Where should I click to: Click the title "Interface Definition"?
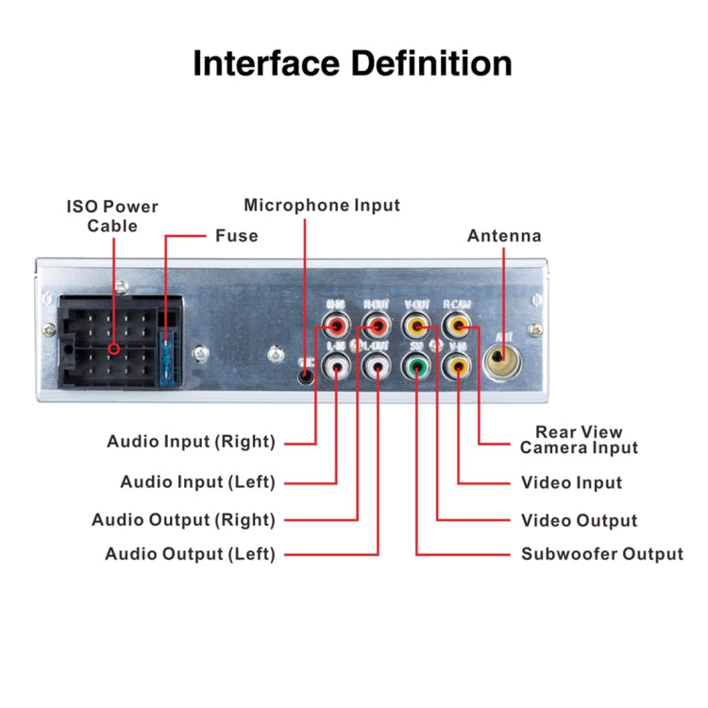click(x=353, y=63)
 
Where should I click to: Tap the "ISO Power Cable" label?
click(x=112, y=216)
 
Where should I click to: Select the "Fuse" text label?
click(x=236, y=235)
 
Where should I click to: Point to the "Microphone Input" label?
click(x=322, y=205)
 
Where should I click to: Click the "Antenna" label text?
click(x=504, y=236)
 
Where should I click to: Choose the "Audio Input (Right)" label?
click(x=191, y=441)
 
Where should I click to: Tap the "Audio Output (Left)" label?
click(x=190, y=554)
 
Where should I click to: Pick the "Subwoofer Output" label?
click(x=601, y=554)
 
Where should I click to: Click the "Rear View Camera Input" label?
click(x=579, y=440)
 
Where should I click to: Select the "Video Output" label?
click(x=579, y=520)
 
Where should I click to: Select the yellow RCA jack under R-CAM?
click(x=458, y=328)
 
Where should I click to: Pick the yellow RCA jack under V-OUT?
click(x=416, y=328)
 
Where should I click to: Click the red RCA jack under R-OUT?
click(x=377, y=328)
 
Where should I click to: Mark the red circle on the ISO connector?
click(x=113, y=349)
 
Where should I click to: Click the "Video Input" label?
click(x=571, y=482)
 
